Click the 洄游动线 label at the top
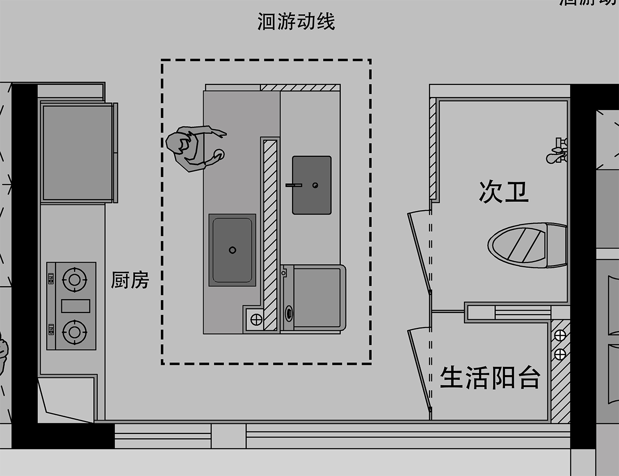point(296,22)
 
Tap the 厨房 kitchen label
point(130,280)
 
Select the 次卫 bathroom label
point(503,191)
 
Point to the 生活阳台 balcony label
point(490,378)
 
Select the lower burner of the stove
point(74,331)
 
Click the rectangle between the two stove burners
point(76,306)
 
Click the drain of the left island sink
point(232,250)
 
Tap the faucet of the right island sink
point(293,185)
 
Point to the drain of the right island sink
point(315,185)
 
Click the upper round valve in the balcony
point(560,336)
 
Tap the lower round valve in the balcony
point(560,354)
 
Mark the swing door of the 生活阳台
point(420,367)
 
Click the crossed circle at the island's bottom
point(256,319)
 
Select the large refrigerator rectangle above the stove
point(77,153)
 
